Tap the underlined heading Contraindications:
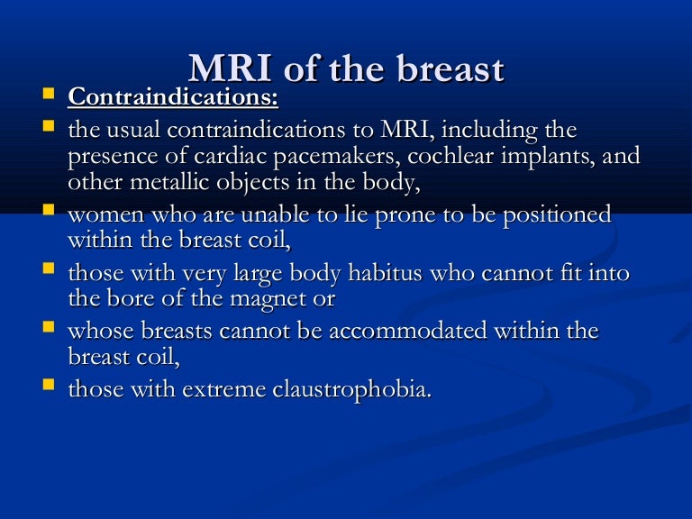point(173,96)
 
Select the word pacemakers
point(343,156)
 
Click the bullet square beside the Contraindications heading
point(49,93)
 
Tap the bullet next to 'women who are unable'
point(49,213)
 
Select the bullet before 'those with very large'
point(49,270)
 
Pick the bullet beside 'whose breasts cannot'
point(49,328)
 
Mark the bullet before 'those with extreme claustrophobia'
point(49,387)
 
